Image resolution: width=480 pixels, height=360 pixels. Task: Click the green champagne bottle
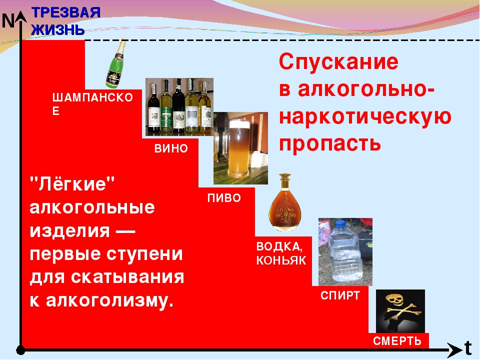[115, 64]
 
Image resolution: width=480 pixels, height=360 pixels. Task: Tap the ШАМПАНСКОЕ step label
[92, 104]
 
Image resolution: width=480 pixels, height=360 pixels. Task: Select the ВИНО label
[171, 148]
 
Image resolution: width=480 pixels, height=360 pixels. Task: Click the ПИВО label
[224, 198]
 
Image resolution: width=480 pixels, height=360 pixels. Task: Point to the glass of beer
[239, 149]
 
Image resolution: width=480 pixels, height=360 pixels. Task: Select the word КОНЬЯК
[281, 260]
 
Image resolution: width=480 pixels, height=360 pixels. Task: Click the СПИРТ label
[340, 295]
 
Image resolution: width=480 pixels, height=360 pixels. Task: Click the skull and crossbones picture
[400, 311]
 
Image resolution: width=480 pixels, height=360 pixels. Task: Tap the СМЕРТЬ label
[397, 341]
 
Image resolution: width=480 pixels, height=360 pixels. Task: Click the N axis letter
[8, 21]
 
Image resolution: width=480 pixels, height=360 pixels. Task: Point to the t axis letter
[468, 348]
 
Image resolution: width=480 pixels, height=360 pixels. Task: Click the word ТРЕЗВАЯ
[66, 12]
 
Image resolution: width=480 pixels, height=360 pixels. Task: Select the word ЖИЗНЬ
[58, 29]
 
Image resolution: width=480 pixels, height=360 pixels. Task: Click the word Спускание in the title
[338, 62]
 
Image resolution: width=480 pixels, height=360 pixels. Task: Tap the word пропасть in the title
[330, 144]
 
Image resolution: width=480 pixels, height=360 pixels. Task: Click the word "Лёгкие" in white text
[72, 183]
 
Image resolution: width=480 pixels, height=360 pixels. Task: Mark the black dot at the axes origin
[20, 349]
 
